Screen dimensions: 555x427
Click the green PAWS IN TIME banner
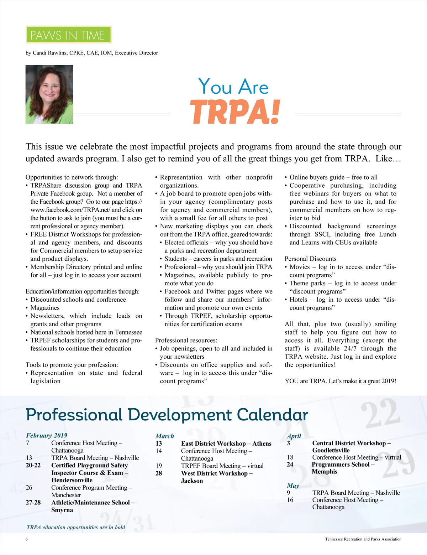click(x=69, y=35)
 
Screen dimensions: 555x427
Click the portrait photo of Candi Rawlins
click(x=49, y=94)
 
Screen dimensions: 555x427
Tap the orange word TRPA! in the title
click(x=235, y=112)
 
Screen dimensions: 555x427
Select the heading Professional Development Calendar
click(x=167, y=415)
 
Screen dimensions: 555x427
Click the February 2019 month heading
click(x=47, y=435)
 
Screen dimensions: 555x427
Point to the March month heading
click(x=165, y=436)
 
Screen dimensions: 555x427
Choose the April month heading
click(x=294, y=436)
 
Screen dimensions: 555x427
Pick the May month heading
click(x=293, y=486)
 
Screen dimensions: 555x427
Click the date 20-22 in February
click(x=33, y=465)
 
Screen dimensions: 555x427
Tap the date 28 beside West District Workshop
click(x=159, y=473)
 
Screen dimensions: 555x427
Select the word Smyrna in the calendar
click(x=62, y=510)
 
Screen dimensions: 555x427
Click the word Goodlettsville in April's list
click(x=331, y=450)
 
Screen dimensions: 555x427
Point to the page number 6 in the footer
click(x=27, y=539)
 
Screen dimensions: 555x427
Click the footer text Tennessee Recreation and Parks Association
click(x=363, y=539)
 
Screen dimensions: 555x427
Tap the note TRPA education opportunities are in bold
click(x=76, y=527)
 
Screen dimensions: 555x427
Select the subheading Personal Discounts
click(x=310, y=259)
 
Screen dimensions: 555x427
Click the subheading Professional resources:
click(x=186, y=340)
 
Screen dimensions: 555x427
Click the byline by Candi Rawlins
click(x=92, y=53)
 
